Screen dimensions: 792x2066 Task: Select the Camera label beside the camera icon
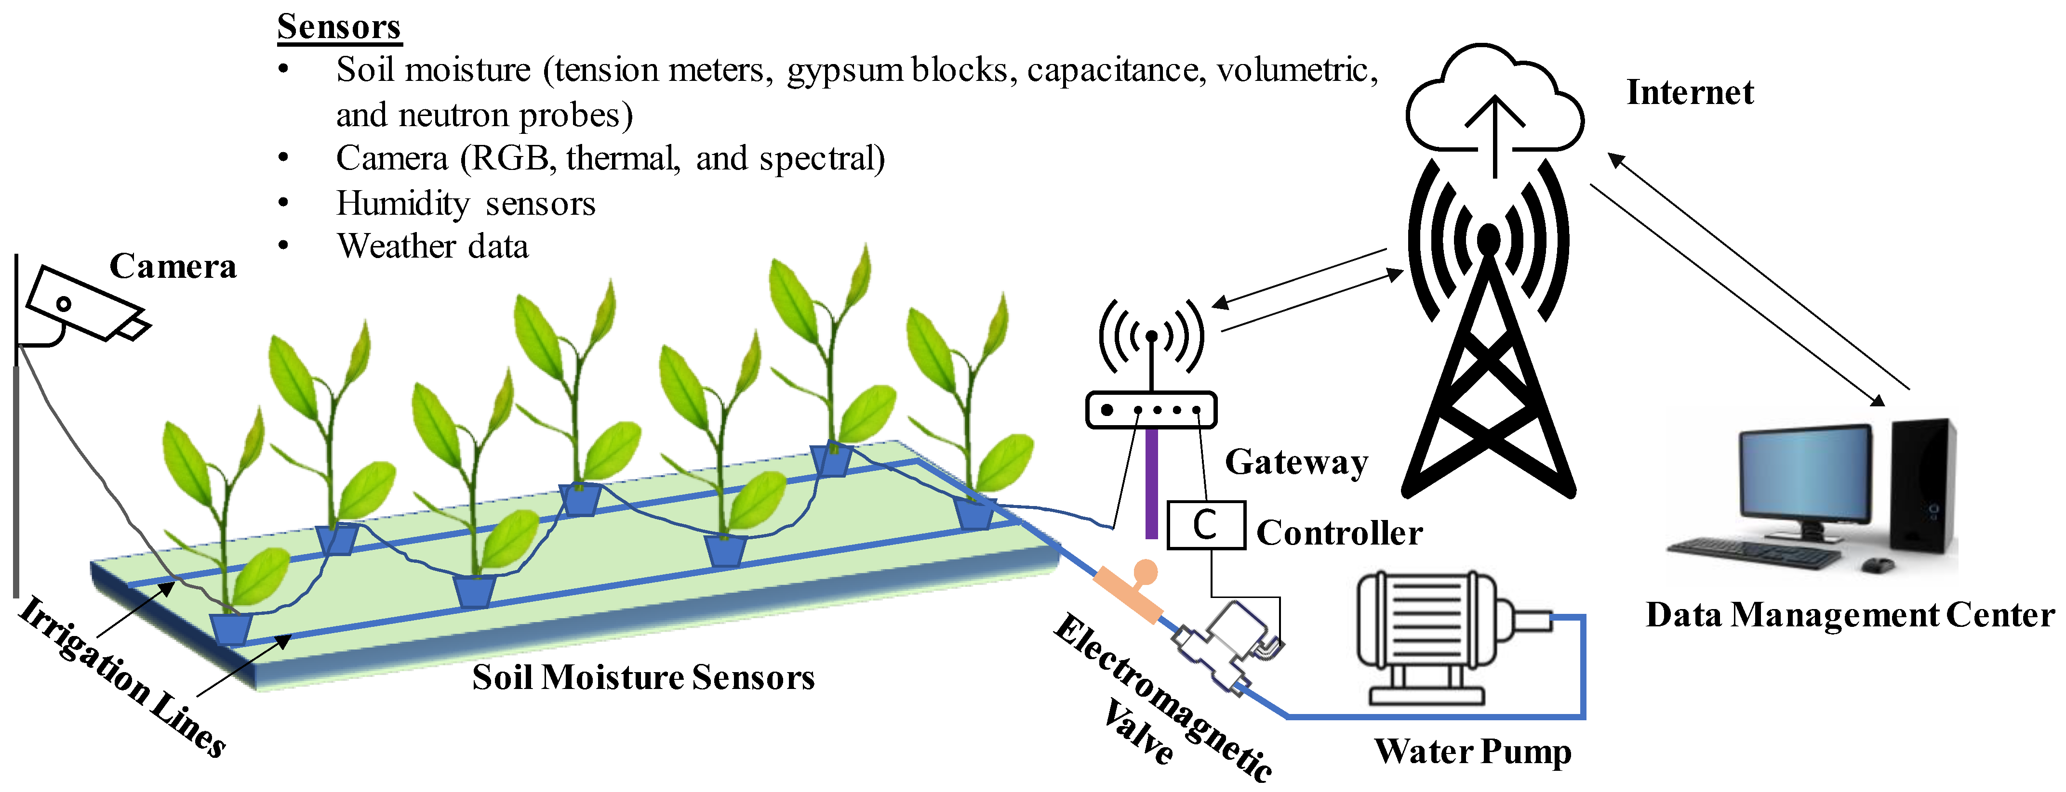[173, 266]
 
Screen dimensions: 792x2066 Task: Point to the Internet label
[1689, 92]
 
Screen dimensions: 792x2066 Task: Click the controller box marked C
[1205, 525]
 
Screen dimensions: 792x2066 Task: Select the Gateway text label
[1296, 463]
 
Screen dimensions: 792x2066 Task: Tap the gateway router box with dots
[1151, 410]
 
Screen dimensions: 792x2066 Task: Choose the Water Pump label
[1472, 751]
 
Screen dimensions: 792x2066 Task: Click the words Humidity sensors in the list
[465, 204]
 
